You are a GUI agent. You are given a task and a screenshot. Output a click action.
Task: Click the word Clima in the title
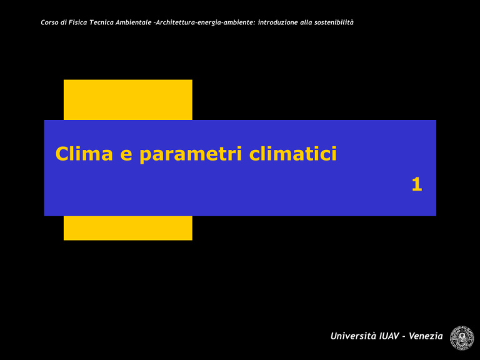[84, 153]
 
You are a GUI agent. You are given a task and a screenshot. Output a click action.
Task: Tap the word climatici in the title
[293, 153]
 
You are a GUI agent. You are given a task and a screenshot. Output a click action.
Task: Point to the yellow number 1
[417, 184]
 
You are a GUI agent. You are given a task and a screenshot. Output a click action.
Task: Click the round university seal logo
[462, 338]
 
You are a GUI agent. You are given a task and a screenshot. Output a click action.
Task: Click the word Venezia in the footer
[426, 336]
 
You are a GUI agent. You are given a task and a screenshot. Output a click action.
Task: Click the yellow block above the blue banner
[128, 100]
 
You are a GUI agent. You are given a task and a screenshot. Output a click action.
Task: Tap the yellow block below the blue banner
[128, 228]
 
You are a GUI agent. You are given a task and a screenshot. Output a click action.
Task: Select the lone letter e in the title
[126, 155]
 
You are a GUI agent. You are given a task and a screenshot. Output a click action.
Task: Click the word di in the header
[63, 22]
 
